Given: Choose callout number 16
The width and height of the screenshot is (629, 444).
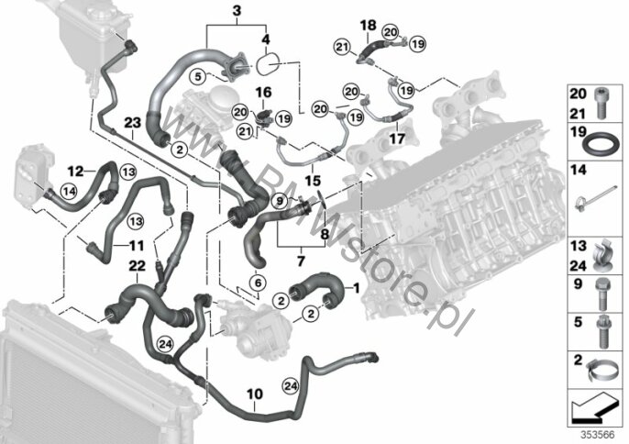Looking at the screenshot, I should (x=263, y=93).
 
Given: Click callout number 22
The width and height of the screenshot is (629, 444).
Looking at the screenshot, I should (x=136, y=265).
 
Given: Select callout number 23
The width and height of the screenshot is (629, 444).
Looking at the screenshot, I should (x=130, y=122).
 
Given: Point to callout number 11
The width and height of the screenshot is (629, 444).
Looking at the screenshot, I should (x=136, y=246).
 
